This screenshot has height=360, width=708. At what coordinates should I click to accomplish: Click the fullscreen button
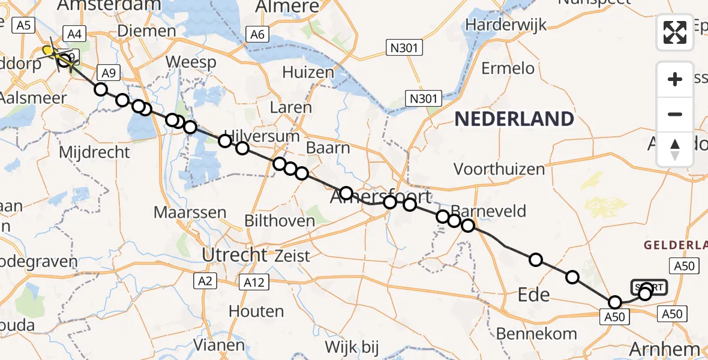click(x=675, y=32)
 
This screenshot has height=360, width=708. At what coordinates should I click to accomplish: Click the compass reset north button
click(x=675, y=149)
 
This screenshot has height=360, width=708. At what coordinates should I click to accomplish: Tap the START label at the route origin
click(x=649, y=287)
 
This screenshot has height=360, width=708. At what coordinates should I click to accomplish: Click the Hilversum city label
click(x=262, y=136)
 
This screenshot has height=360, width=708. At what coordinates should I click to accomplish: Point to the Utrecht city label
click(x=234, y=255)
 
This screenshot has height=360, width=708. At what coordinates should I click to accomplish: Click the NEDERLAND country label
click(x=514, y=119)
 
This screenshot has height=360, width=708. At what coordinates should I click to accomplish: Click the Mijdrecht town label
click(x=94, y=152)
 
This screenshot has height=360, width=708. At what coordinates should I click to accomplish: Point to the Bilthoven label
click(x=280, y=221)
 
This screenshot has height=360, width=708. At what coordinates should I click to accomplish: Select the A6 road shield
click(x=257, y=35)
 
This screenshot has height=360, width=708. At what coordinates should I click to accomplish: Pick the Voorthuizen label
click(x=499, y=169)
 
